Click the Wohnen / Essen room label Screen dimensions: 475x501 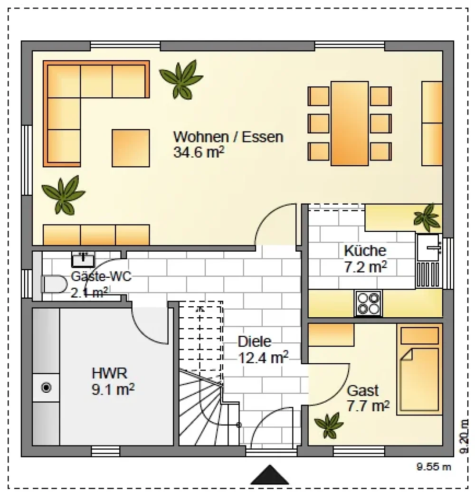228,137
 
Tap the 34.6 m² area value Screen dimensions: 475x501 199,152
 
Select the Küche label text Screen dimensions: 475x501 365,251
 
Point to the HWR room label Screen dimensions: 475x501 109,373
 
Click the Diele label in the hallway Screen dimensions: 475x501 255,342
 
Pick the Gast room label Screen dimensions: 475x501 363,391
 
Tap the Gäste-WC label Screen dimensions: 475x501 101,276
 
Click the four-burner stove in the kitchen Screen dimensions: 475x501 368,303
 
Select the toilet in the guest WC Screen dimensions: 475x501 54,284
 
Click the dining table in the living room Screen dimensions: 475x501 350,123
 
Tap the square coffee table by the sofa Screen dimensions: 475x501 131,148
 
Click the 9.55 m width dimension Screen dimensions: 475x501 434,467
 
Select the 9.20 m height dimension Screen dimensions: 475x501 465,436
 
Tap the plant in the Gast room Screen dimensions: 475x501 329,425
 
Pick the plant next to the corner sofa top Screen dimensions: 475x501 181,79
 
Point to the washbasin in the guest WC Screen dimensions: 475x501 83,259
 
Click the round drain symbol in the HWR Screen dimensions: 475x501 47,388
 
